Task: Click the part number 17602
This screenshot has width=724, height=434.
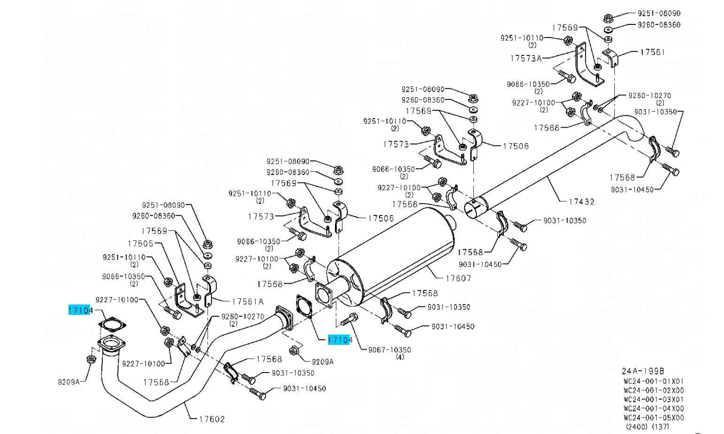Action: (212, 419)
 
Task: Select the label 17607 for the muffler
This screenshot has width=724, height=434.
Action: (458, 278)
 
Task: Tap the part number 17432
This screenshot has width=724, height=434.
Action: (581, 202)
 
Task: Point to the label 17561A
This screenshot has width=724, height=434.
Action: (248, 302)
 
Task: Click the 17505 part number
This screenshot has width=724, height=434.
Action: (140, 244)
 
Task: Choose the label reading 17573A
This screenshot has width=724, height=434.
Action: (526, 58)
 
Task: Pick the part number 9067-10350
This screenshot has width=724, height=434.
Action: (389, 350)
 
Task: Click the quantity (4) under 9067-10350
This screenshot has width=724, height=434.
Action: (400, 357)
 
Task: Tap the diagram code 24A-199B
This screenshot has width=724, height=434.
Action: (643, 371)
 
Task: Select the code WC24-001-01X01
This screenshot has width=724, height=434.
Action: (654, 381)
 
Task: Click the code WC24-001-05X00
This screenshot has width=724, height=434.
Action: (654, 417)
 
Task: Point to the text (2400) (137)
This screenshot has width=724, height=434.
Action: (648, 426)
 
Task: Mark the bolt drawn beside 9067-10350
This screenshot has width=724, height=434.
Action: (348, 320)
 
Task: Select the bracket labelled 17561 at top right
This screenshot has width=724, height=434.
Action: (610, 59)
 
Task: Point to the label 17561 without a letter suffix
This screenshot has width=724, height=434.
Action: (652, 52)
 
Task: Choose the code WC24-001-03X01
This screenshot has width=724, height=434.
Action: (654, 399)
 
